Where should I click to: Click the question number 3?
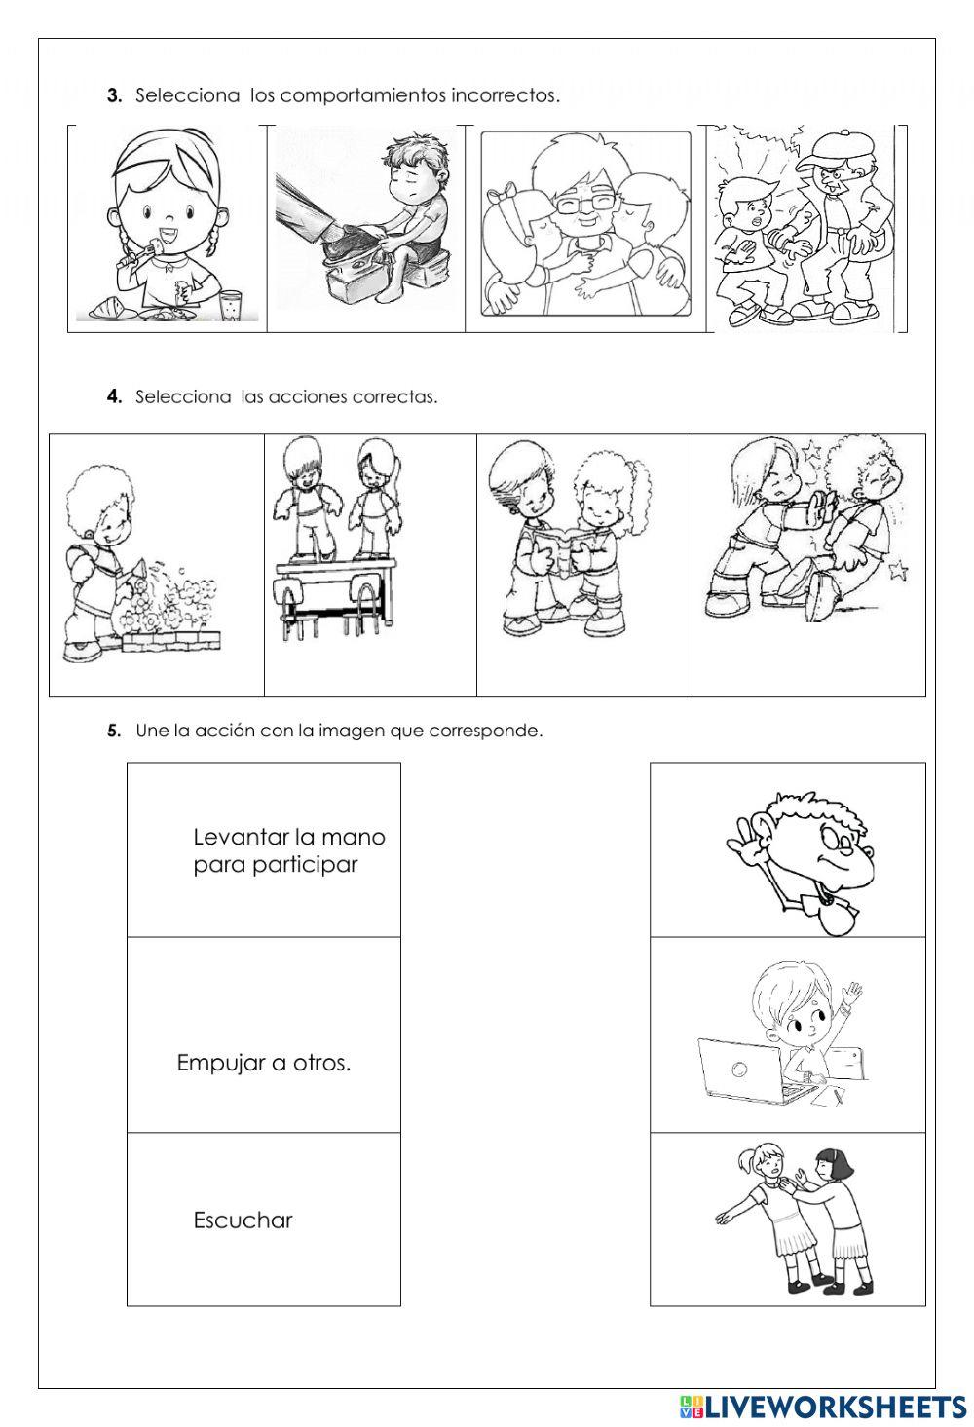click(114, 95)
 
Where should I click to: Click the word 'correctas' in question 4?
click(398, 396)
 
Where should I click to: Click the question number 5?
click(114, 731)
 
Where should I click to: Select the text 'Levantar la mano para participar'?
click(288, 850)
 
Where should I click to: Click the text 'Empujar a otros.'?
click(264, 1063)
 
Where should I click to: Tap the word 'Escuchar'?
click(243, 1220)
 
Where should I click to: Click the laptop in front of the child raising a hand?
click(742, 1071)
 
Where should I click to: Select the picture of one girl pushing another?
click(794, 1220)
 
